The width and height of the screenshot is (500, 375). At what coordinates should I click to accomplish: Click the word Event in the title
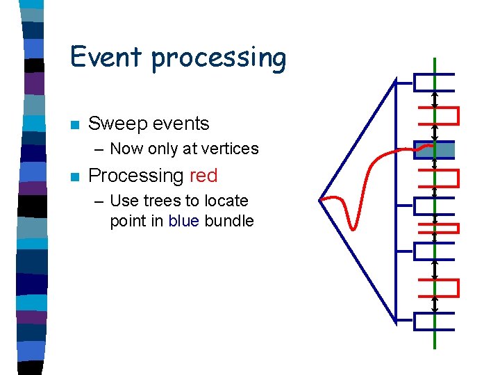tap(107, 56)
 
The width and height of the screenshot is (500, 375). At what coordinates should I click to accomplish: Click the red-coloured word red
tap(203, 176)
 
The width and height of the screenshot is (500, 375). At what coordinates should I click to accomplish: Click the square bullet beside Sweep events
tap(75, 125)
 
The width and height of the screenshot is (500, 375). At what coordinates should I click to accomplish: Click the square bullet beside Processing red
tap(75, 177)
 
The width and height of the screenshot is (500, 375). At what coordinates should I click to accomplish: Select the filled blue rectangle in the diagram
tap(435, 150)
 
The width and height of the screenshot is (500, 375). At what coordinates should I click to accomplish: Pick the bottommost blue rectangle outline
tap(434, 321)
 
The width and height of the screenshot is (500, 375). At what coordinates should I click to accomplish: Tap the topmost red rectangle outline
tap(438, 115)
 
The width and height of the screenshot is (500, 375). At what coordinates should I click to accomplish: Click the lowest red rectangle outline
tap(438, 287)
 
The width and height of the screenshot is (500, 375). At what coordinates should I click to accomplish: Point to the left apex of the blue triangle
tap(320, 201)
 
